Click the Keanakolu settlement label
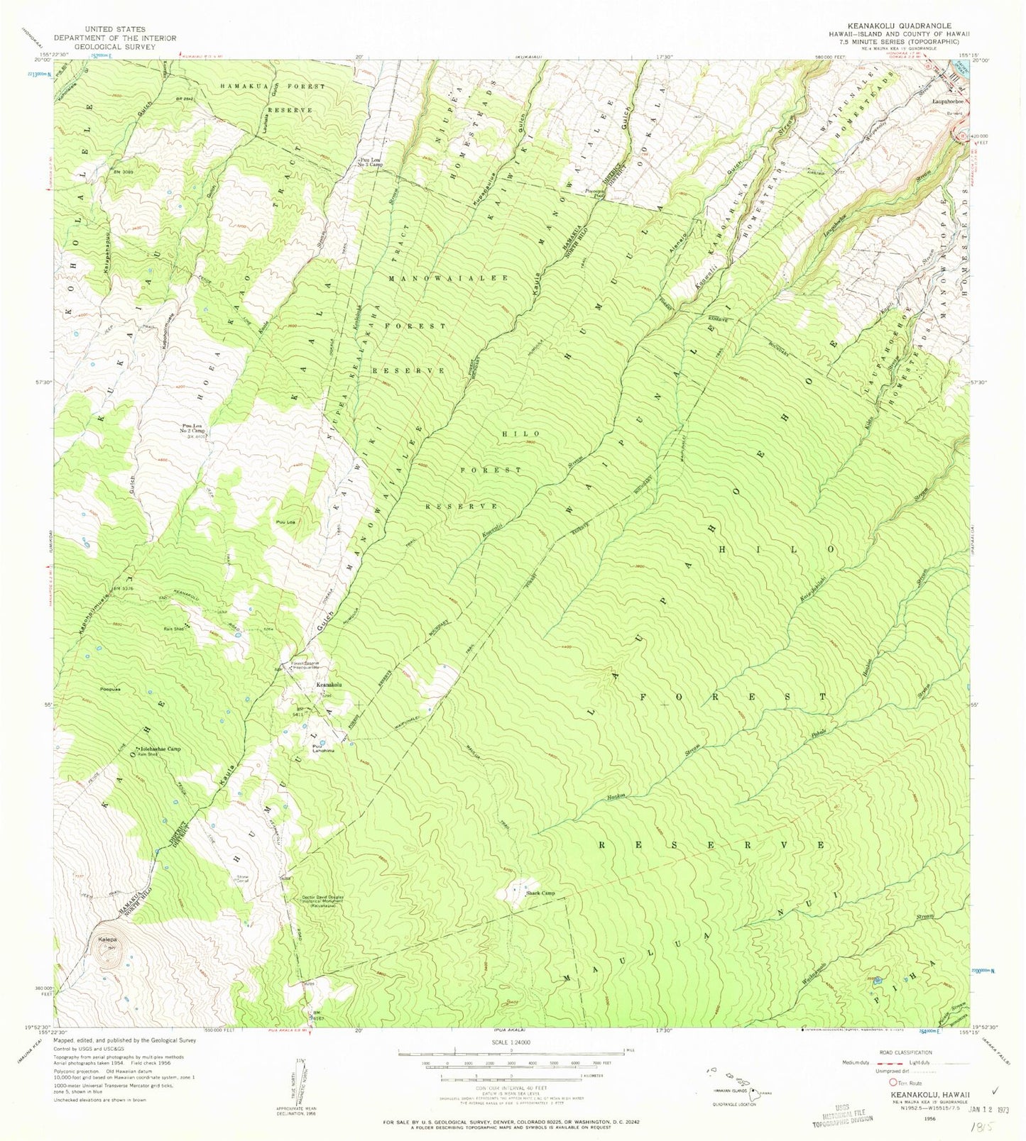pos(329,685)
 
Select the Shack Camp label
pos(540,893)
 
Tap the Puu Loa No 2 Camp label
pos(189,429)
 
